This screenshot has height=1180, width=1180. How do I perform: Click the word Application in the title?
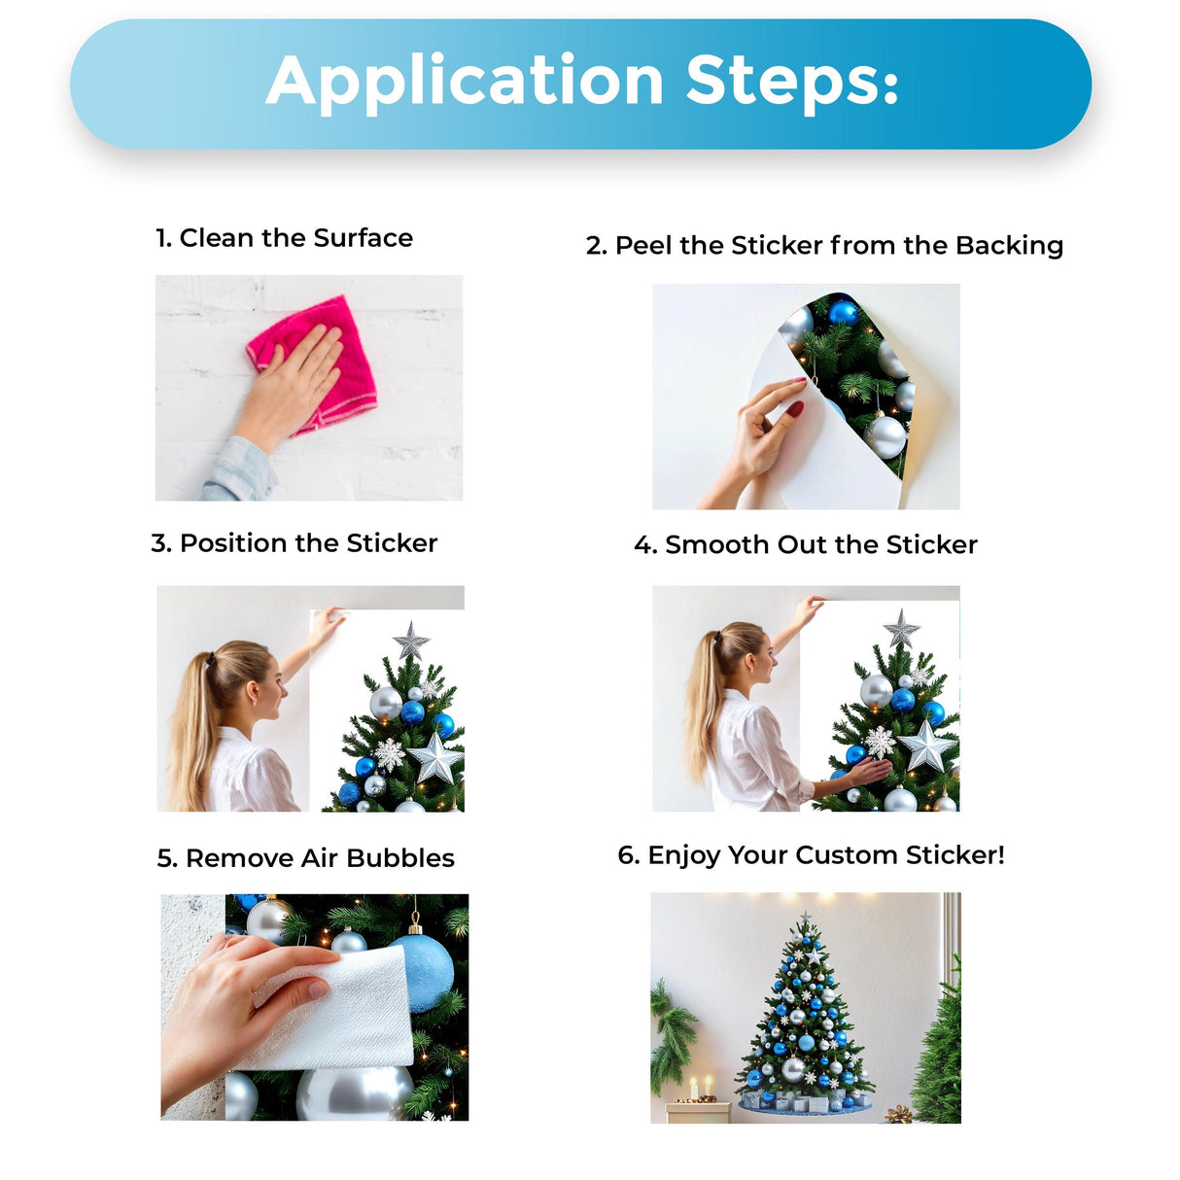(x=465, y=82)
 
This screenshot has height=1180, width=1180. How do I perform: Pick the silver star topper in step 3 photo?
(x=411, y=642)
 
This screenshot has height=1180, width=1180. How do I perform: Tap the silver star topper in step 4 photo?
(x=901, y=628)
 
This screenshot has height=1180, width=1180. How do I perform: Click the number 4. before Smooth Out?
(x=645, y=545)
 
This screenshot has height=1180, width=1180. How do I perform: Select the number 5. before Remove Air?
(x=167, y=858)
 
